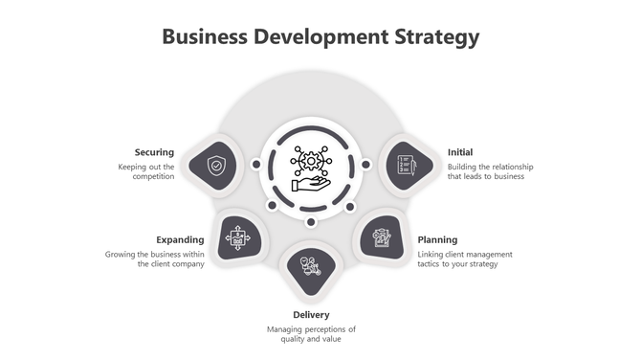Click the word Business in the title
click(x=204, y=37)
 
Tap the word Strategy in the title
click(x=436, y=37)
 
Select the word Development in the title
click(x=320, y=37)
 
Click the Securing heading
click(x=154, y=152)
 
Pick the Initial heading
click(x=460, y=152)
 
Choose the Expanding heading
click(x=180, y=239)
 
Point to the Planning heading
click(x=437, y=239)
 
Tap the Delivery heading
click(x=311, y=314)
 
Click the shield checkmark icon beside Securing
click(x=217, y=166)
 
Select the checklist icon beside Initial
click(x=404, y=166)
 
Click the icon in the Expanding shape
click(x=237, y=236)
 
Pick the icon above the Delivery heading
click(x=310, y=266)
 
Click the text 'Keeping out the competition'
click(x=146, y=171)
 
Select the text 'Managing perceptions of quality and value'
click(x=311, y=334)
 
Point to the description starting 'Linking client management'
click(x=465, y=259)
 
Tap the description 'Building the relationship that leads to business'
click(x=490, y=171)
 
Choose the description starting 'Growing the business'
click(x=155, y=259)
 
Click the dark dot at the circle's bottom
click(x=311, y=222)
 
